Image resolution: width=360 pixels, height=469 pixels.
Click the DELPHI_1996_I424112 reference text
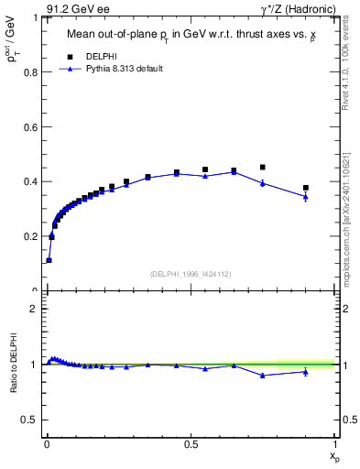tap(191, 273)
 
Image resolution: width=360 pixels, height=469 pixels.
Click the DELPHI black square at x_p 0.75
tap(263, 168)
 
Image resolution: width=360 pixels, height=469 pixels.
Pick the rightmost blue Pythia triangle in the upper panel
tap(306, 196)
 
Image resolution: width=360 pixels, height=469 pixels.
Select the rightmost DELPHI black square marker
tap(306, 188)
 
